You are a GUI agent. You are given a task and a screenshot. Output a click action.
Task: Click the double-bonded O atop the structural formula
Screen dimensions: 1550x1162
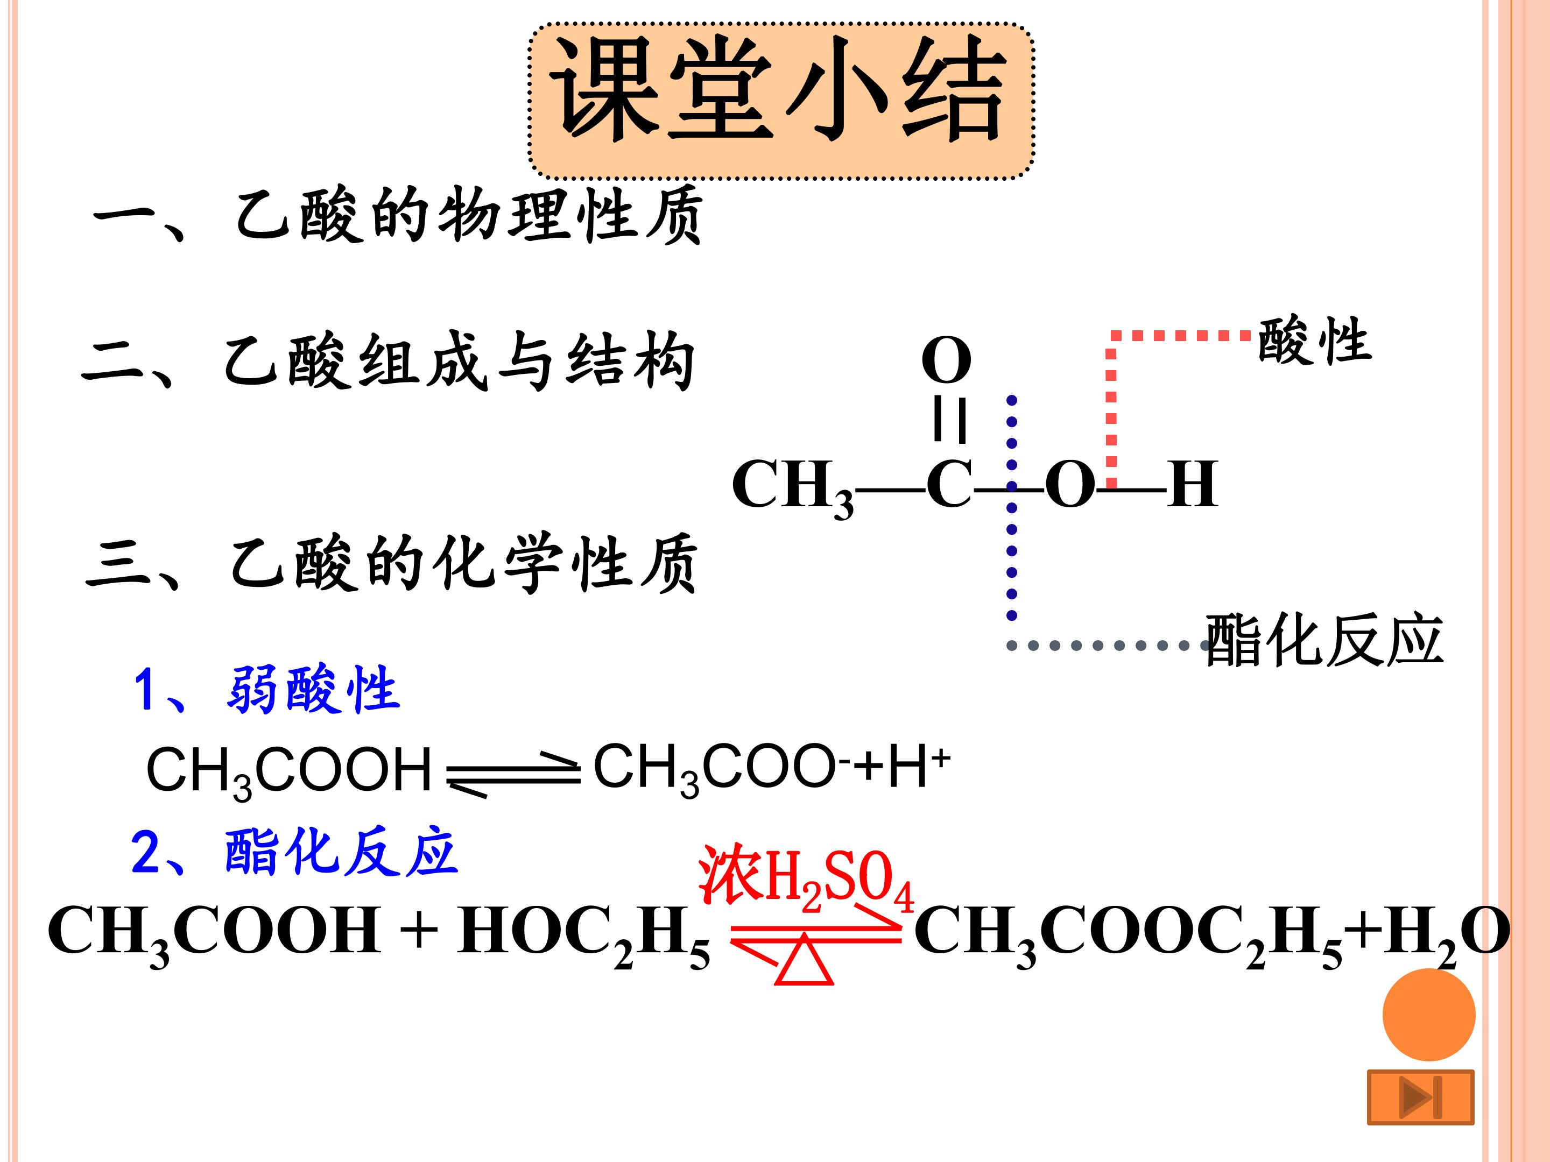946,360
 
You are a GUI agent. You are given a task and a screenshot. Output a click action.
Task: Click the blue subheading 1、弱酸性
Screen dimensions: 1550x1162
266,689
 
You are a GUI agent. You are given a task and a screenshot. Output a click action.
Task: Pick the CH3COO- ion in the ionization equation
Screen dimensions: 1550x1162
722,769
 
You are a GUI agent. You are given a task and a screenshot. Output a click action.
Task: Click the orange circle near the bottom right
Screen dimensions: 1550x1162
1429,1014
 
